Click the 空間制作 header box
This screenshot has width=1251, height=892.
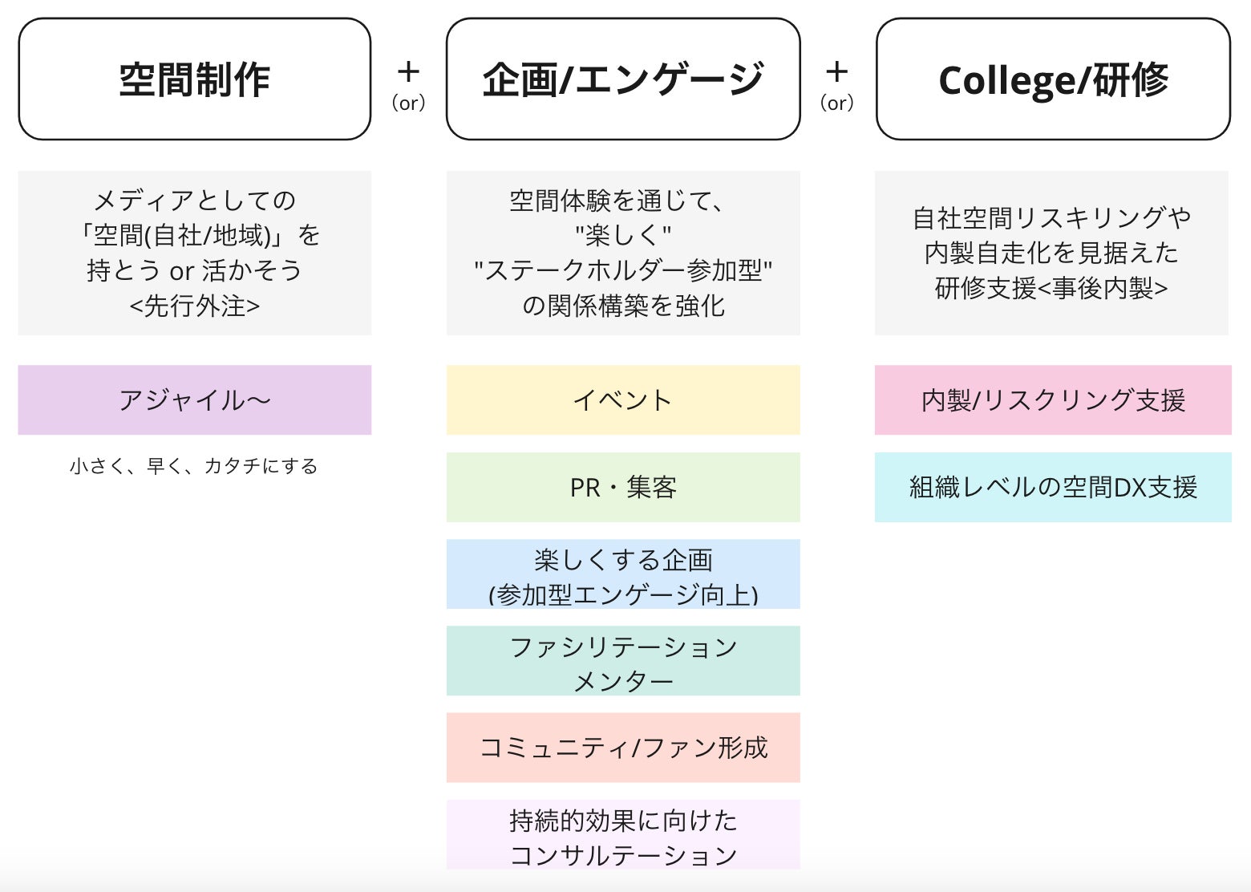194,79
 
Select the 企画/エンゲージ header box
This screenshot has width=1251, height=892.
623,79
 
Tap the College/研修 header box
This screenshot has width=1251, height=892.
1053,79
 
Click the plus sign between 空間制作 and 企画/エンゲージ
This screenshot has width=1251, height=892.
408,72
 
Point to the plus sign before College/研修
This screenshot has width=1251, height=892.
836,72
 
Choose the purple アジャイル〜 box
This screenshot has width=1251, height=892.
194,399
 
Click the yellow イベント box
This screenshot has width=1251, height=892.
623,399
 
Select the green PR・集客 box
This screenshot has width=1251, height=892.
623,487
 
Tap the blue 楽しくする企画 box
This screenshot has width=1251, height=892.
623,574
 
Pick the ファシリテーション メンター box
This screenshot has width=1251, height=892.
623,661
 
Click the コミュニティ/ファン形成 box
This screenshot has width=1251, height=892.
623,748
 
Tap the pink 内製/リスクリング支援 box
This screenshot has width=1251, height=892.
1053,399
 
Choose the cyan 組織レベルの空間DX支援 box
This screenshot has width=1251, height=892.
1053,487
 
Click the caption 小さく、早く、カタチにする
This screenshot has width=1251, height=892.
194,466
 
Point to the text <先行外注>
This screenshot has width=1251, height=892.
194,306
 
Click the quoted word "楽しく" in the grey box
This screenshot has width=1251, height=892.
623,235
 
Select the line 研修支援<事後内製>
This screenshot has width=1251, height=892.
1051,288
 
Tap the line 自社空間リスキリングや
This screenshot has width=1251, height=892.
1051,217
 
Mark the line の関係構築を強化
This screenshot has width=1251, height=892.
623,306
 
